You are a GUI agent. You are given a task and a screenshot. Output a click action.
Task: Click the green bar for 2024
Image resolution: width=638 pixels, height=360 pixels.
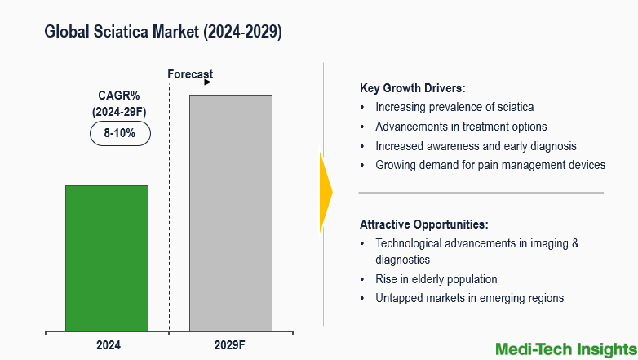pos(107,258)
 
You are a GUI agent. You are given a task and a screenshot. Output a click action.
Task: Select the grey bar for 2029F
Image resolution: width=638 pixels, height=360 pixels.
pos(230,213)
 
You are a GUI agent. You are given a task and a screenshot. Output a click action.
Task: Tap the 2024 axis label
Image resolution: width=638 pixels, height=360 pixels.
pos(107,345)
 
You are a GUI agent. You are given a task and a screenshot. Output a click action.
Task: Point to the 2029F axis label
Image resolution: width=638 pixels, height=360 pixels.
pos(230,345)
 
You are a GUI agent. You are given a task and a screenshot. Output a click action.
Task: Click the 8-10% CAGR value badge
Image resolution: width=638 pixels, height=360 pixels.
pos(120,132)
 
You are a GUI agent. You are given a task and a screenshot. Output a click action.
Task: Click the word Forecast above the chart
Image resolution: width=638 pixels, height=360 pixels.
pos(190,74)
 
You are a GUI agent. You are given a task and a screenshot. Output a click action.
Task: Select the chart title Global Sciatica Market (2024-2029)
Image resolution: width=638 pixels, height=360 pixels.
pos(163,32)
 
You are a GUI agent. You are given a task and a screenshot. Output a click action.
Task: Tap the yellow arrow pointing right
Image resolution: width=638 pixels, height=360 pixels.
pos(326,193)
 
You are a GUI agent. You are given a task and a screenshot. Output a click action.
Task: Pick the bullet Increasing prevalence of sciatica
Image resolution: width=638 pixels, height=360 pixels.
pos(454,107)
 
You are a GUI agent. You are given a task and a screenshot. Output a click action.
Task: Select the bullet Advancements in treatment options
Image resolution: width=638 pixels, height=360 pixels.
pos(461,127)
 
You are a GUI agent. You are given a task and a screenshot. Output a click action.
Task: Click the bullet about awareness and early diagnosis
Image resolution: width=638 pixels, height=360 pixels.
pos(476,146)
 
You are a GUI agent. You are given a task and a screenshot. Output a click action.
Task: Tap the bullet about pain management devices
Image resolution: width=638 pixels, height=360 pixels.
pos(490,165)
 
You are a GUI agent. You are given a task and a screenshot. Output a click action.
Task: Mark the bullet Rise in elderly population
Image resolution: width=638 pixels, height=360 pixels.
pos(436,279)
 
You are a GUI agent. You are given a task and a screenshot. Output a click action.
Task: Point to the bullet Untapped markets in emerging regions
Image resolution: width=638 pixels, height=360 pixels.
pos(469,298)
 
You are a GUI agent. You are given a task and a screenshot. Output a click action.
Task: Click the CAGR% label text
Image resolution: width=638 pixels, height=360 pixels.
pos(119,96)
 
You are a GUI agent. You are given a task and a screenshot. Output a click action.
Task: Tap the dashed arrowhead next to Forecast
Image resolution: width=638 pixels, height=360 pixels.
pos(207,82)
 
